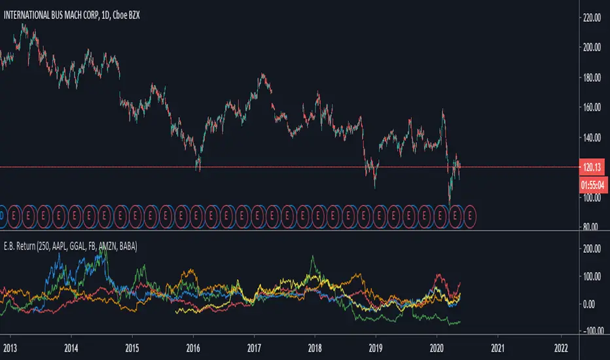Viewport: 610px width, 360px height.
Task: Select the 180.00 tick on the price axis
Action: point(592,77)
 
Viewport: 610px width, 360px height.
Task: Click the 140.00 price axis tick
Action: point(592,137)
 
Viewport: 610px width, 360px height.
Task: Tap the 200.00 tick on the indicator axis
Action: point(592,249)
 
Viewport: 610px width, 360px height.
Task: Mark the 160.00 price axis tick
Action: point(592,107)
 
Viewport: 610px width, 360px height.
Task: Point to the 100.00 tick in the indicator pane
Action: point(592,276)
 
